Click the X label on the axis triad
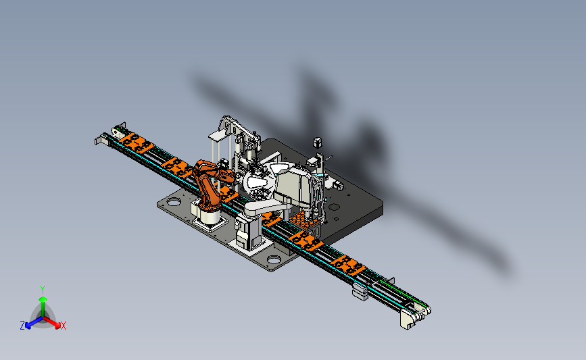point(63,326)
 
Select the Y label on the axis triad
point(42,290)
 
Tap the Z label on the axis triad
point(22,326)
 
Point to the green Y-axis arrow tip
point(43,299)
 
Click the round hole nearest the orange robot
point(174,203)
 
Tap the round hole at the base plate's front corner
point(274,259)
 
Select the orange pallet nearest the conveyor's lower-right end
point(347,265)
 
